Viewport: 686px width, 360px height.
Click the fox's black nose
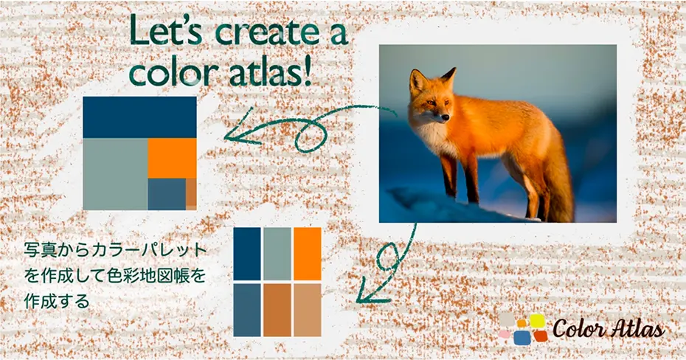point(446,117)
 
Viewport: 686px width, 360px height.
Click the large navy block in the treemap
point(139,117)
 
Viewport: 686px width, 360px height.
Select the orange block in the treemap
point(172,159)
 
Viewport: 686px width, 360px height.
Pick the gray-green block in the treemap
point(115,174)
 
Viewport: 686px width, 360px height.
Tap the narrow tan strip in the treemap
point(191,194)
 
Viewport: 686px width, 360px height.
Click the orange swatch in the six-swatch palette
point(307,254)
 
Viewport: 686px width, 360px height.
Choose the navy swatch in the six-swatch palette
point(247,254)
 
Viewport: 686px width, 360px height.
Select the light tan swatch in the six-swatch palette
point(307,310)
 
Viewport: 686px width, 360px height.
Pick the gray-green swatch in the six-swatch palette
point(277,254)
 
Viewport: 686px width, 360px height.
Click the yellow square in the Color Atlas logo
point(537,321)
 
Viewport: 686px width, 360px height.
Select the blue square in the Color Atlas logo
point(522,337)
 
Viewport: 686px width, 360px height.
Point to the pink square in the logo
point(505,335)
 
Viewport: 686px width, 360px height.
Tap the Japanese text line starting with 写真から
point(115,250)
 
